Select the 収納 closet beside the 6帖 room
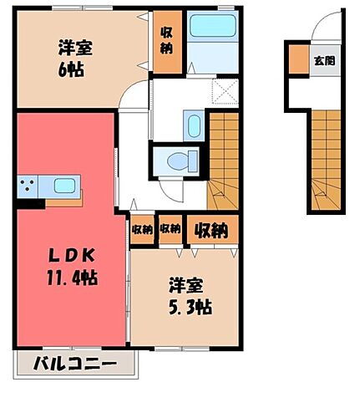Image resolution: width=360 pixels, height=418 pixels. click(x=166, y=42)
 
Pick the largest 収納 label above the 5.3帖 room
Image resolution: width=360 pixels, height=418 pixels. click(x=212, y=228)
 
